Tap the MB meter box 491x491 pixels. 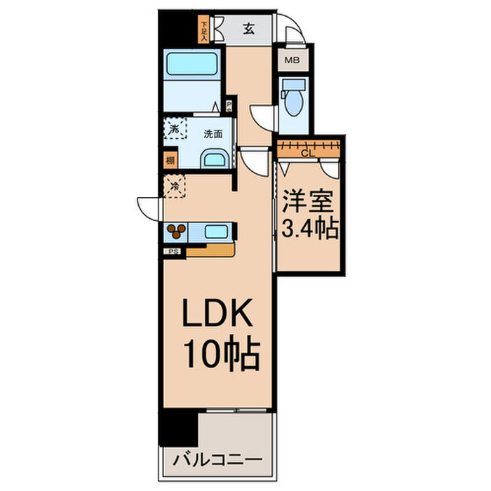(292, 60)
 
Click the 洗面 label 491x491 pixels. (213, 134)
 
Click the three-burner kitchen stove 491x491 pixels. (176, 230)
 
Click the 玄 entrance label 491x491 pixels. (249, 29)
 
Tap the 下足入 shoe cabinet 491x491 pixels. (204, 30)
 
